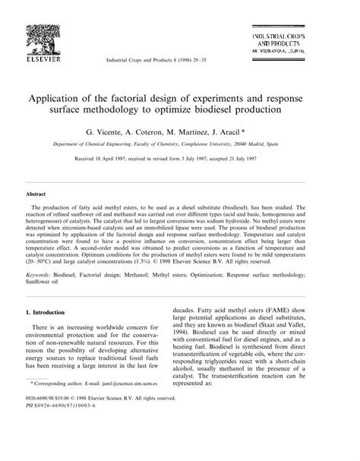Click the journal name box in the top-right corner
click(305, 43)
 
